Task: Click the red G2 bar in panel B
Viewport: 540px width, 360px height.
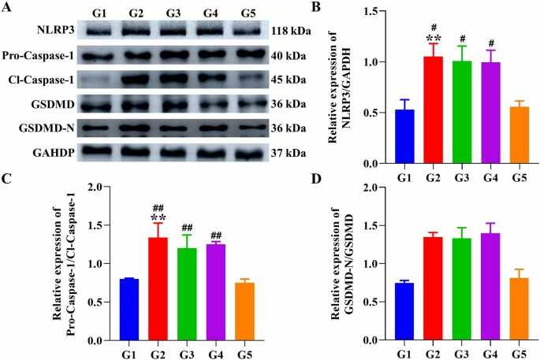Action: click(434, 109)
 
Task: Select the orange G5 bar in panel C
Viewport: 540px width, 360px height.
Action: click(245, 311)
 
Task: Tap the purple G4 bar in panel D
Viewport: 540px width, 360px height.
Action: click(491, 287)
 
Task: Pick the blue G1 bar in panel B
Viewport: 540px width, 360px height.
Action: click(404, 136)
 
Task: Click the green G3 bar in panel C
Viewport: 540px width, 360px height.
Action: click(187, 295)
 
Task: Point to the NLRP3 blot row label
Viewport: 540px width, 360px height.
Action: click(55, 30)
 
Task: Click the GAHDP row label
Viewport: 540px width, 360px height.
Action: click(54, 153)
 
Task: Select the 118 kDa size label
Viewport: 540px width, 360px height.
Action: click(291, 32)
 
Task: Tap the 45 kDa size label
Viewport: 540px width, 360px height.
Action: click(289, 80)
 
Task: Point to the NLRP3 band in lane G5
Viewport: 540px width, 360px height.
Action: click(246, 32)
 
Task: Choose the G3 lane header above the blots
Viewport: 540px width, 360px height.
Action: click(173, 13)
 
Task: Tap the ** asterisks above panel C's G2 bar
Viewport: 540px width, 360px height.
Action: click(158, 218)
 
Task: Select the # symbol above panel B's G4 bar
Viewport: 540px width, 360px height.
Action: click(491, 43)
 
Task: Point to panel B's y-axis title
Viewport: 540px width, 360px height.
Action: click(339, 87)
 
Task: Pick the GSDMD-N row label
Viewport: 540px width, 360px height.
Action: click(47, 128)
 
